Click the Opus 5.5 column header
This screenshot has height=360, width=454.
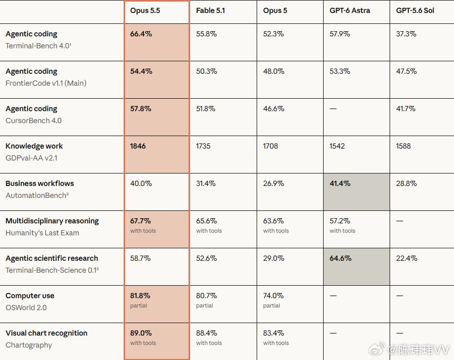[x=145, y=11]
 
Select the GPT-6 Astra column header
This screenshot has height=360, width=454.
[x=350, y=11]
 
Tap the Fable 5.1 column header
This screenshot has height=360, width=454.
[x=210, y=11]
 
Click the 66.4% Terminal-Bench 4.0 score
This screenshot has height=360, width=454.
[x=141, y=34]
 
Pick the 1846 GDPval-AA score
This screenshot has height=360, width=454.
[x=138, y=146]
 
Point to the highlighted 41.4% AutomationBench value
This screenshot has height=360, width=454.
[x=340, y=183]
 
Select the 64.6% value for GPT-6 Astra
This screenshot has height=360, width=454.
[x=341, y=258]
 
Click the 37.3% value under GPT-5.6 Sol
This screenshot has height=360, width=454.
[x=406, y=34]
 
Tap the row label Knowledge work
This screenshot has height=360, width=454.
[x=34, y=146]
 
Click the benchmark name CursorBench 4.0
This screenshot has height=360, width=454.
[x=34, y=121]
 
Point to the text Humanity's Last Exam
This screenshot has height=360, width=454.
[x=42, y=233]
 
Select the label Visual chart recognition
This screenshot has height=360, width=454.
[x=46, y=333]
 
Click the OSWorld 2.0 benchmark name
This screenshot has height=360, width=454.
[x=26, y=308]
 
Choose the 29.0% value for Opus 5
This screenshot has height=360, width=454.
[x=274, y=258]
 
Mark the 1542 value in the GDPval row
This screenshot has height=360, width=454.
[x=337, y=146]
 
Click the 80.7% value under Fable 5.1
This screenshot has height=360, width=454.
[x=206, y=296]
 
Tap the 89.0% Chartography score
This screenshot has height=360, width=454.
[x=141, y=333]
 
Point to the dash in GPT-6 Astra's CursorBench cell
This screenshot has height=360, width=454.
[x=333, y=109]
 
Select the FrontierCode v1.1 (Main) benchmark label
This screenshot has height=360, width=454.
[x=46, y=84]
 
